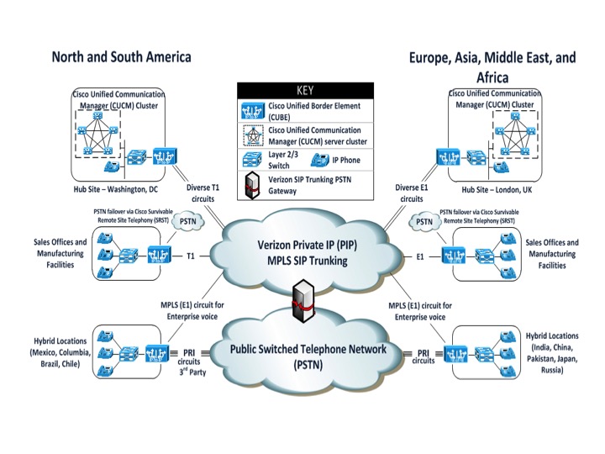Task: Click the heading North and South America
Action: click(121, 57)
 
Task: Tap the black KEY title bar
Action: click(304, 90)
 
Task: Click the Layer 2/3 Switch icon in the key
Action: click(252, 160)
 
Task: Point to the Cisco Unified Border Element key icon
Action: click(252, 111)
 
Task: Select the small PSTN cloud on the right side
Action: click(425, 222)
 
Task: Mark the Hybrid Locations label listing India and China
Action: click(552, 351)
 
